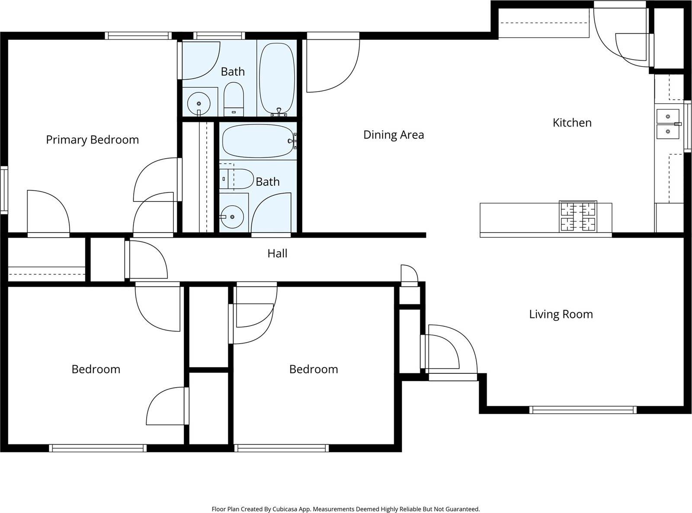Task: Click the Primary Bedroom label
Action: (x=93, y=140)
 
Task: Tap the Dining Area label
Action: (x=394, y=135)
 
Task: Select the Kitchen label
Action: (x=572, y=123)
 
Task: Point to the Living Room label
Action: (x=561, y=314)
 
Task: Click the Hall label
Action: (x=277, y=253)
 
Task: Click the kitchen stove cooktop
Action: (x=578, y=217)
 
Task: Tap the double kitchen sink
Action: (x=668, y=124)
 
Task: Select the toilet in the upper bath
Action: (x=234, y=99)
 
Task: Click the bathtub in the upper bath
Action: (x=277, y=79)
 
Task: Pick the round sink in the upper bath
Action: (x=199, y=104)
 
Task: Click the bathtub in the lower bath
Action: (x=258, y=141)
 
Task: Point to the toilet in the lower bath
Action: (x=236, y=179)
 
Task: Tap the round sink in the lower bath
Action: (x=232, y=217)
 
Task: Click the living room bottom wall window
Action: (x=583, y=410)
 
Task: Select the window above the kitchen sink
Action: (x=688, y=126)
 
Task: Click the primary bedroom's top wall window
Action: (x=138, y=35)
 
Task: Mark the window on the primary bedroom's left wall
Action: (x=4, y=190)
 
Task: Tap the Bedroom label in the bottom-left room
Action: (x=96, y=369)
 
